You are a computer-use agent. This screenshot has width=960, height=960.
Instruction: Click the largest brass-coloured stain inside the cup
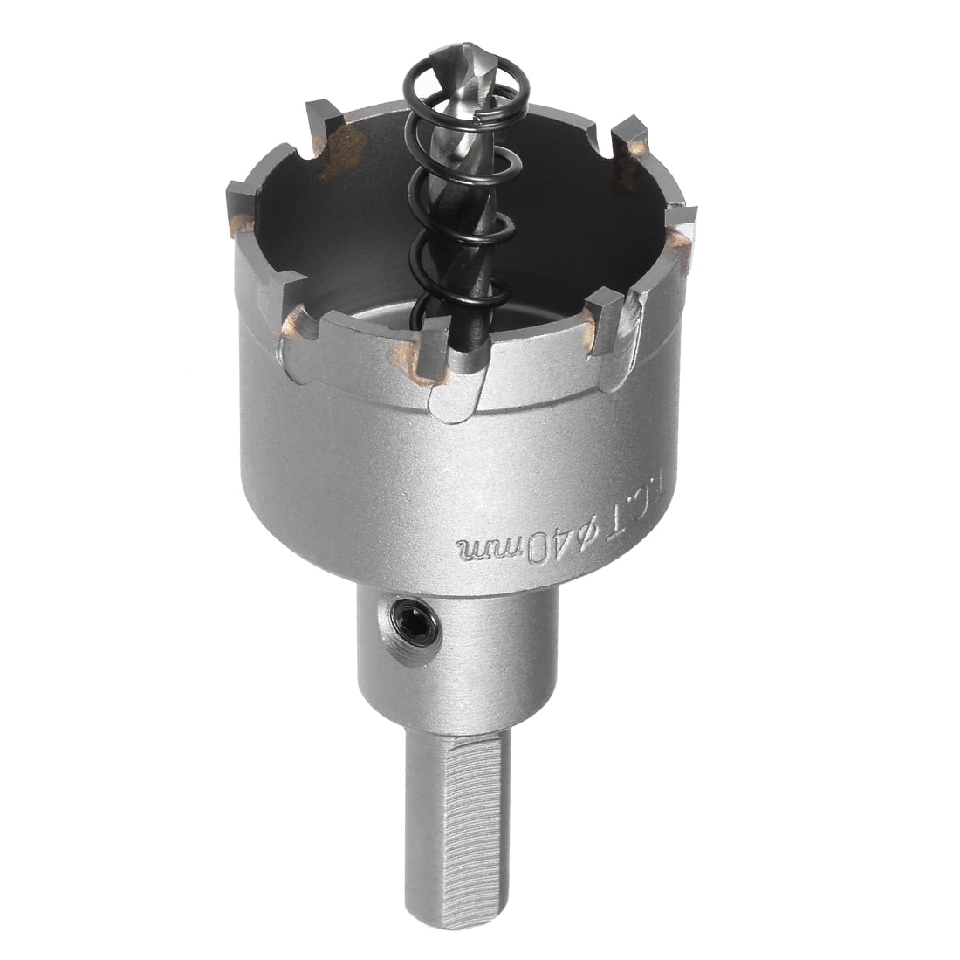click(x=345, y=148)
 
